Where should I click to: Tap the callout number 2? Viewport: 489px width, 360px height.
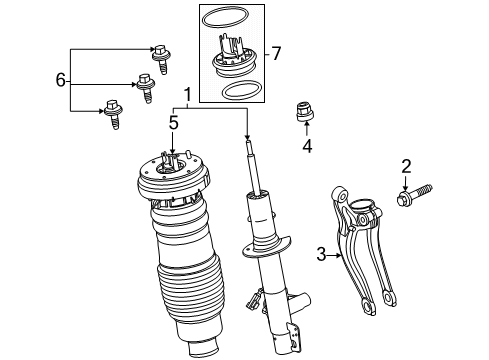[x=407, y=165]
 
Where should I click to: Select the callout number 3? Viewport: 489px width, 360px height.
[x=322, y=256]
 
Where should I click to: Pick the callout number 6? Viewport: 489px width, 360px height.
[x=60, y=78]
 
